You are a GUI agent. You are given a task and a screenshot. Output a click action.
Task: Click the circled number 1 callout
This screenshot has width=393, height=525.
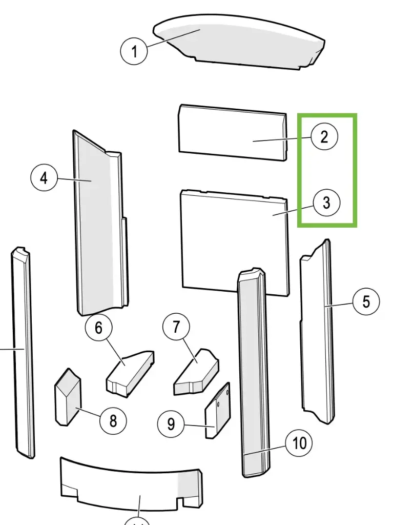134,51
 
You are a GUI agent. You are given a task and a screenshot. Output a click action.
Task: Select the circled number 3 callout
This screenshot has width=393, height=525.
326,203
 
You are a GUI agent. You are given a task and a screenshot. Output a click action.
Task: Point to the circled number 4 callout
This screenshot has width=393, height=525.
44,178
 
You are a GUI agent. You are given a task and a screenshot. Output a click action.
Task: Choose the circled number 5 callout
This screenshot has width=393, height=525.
366,301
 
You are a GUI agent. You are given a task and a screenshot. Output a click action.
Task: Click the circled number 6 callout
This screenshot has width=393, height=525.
98,328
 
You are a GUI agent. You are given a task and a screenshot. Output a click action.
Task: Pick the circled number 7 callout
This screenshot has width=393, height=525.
176,327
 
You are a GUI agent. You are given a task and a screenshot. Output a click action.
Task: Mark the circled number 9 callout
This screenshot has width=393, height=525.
171,423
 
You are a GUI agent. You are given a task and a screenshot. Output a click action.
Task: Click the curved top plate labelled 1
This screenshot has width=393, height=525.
241,44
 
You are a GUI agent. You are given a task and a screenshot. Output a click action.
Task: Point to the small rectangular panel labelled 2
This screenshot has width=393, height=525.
231,132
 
